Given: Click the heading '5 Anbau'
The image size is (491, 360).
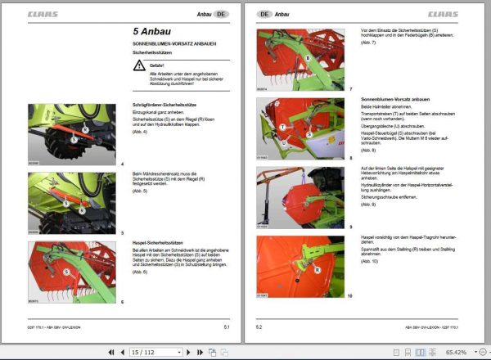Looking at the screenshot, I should point(154,30).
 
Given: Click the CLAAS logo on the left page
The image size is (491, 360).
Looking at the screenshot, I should point(43,14).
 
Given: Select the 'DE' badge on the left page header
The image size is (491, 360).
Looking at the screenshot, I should point(223,14).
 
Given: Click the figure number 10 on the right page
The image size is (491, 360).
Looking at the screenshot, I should point(349,295).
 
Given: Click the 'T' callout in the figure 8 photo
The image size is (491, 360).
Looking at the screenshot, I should point(282,128).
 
